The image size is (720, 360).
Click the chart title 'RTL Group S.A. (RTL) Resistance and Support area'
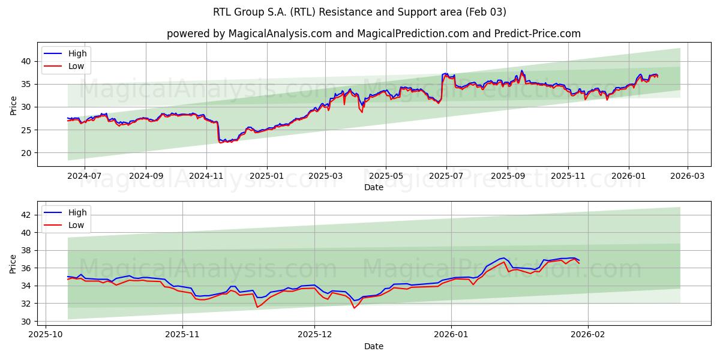point(359,12)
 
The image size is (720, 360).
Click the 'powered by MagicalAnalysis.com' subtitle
point(373,34)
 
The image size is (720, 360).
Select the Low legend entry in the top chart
point(76,66)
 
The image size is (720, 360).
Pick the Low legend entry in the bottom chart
point(76,225)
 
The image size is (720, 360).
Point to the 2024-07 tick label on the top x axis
point(84,176)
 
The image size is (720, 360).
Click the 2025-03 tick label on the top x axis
point(325,176)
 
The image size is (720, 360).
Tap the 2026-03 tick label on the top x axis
point(687,176)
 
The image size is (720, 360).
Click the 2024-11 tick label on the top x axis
point(206,176)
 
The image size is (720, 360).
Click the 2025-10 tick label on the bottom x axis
point(46,335)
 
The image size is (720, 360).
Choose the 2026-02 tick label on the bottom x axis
point(588,335)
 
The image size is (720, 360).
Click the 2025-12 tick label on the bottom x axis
point(315,335)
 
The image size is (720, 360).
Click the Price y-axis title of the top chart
point(13,105)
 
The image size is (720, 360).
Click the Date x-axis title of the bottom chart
point(373,346)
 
